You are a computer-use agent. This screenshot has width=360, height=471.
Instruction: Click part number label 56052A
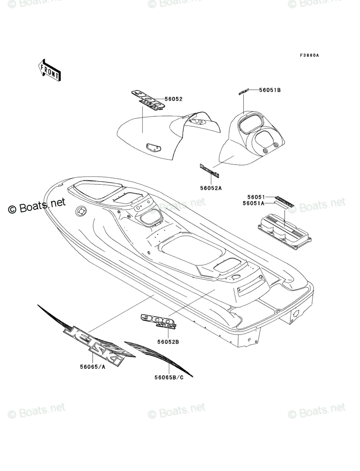pos(211,188)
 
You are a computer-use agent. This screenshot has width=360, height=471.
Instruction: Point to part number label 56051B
pos(270,90)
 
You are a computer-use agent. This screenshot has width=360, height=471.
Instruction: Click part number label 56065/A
pos(93,367)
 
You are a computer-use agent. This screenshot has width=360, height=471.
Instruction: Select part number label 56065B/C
pos(169,377)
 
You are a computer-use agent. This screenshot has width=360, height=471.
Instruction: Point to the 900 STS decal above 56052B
pos(158,321)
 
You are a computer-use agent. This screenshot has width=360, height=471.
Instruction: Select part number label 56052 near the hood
pos(173,99)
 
